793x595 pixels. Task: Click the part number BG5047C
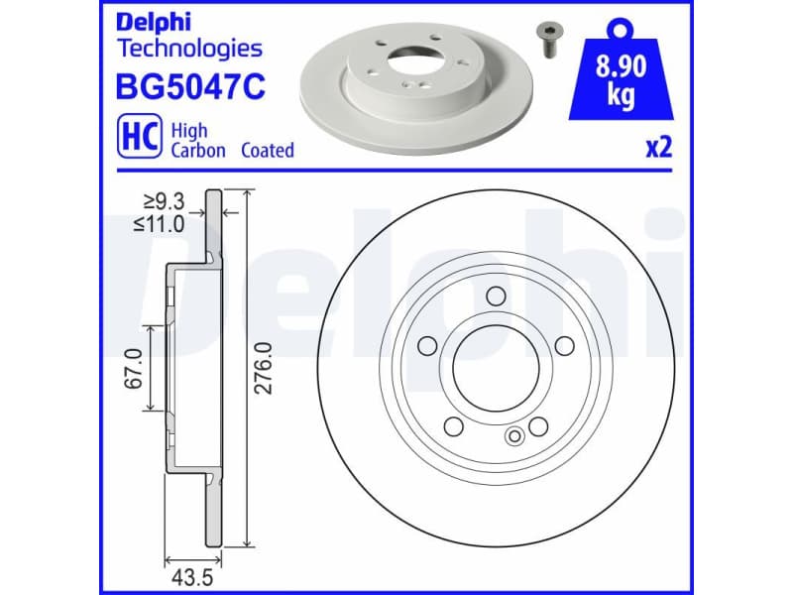point(190,88)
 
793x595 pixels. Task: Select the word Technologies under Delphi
point(189,48)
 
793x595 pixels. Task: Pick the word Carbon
point(198,151)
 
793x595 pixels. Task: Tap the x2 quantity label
point(658,149)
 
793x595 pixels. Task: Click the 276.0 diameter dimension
point(263,367)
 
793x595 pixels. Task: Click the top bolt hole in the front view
point(497,295)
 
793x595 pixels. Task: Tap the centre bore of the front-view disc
point(497,367)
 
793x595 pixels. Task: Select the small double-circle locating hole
point(514,435)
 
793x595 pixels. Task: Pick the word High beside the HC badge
point(188,130)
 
